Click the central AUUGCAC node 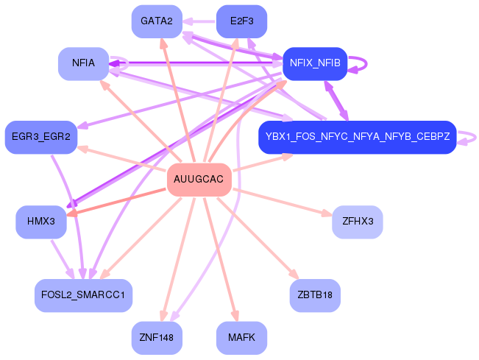tap(199, 179)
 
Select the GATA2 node tap(157, 21)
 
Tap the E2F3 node tap(241, 21)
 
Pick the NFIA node tap(83, 63)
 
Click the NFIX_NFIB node tap(315, 63)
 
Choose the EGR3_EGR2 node tap(41, 137)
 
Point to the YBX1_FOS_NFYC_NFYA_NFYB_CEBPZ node tap(358, 137)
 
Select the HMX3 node tap(41, 222)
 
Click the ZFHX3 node tap(358, 222)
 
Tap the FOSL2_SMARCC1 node tap(83, 295)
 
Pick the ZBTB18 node tap(315, 295)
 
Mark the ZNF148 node tap(157, 338)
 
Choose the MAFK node tap(241, 338)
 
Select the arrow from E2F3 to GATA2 tap(199, 21)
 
